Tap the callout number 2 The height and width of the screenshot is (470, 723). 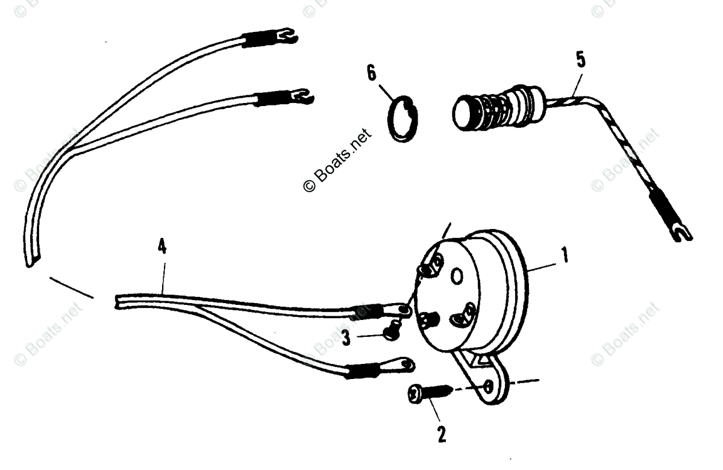click(x=442, y=433)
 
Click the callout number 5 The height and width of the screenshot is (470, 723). click(x=580, y=61)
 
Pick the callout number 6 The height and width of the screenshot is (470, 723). click(x=371, y=74)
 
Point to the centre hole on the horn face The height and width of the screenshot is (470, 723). click(x=457, y=276)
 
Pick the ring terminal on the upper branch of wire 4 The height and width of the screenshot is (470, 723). click(x=402, y=310)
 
